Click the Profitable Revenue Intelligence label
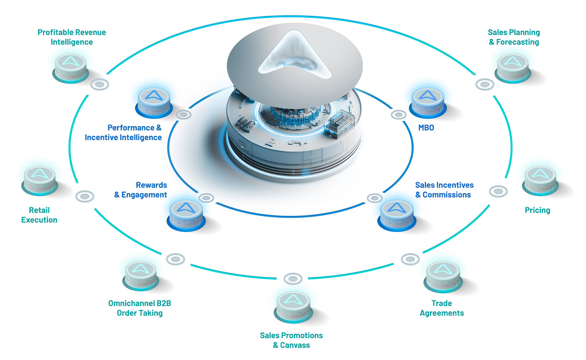click(x=71, y=37)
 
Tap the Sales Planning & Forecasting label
click(x=514, y=37)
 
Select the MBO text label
click(x=426, y=128)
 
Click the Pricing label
click(x=537, y=210)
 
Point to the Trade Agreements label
click(x=441, y=308)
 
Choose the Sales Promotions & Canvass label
click(x=291, y=340)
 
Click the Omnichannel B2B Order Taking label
click(x=140, y=308)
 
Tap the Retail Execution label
click(x=39, y=215)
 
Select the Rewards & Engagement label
click(x=141, y=190)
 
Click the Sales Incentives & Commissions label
click(x=444, y=190)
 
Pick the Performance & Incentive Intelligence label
click(x=123, y=133)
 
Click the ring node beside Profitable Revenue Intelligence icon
click(x=100, y=85)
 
